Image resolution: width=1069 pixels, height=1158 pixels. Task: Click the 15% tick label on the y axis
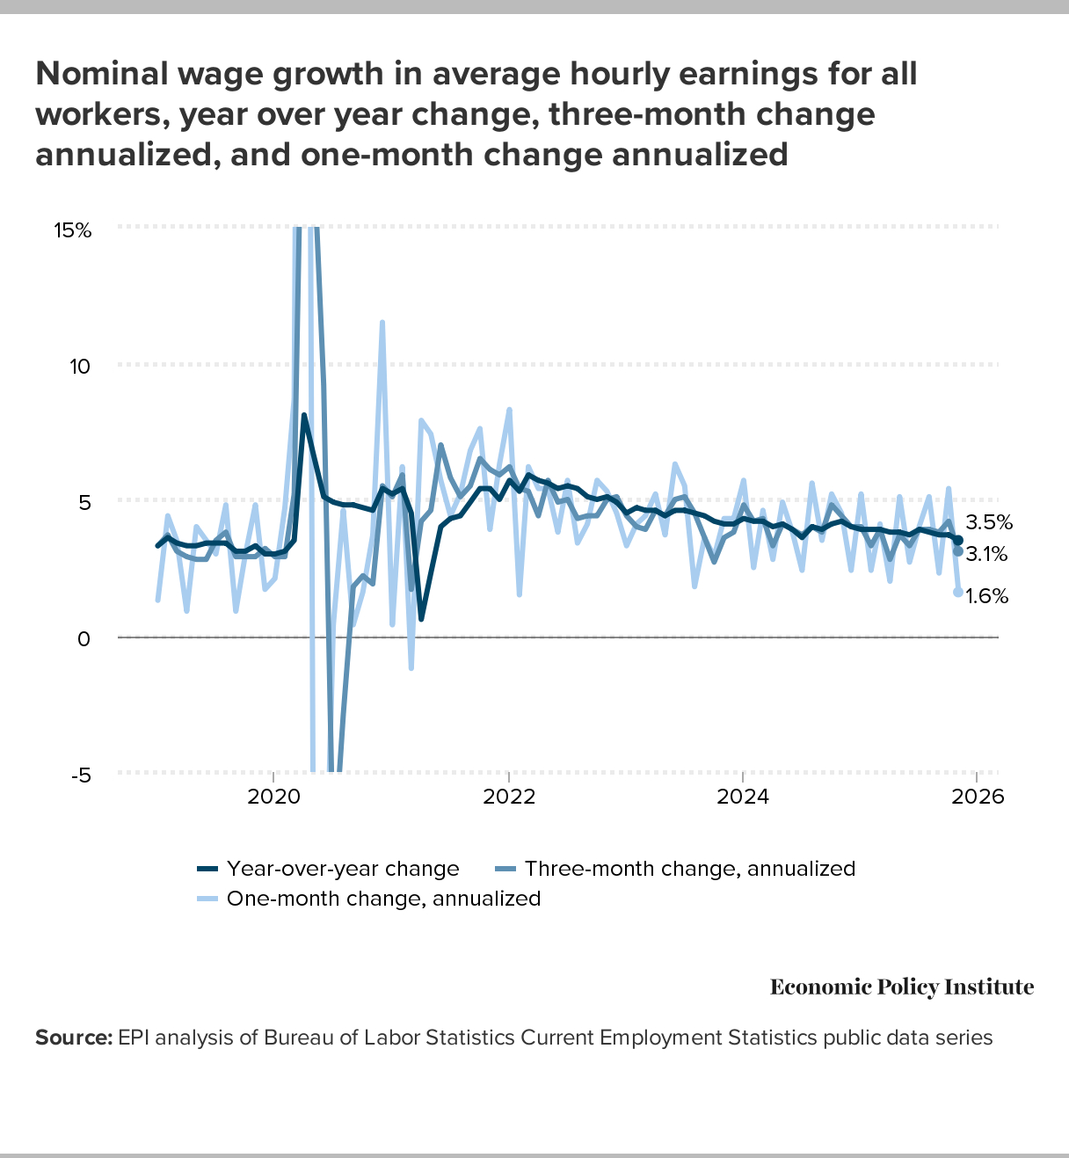pos(72,230)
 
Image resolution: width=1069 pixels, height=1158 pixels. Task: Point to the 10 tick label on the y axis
pos(81,366)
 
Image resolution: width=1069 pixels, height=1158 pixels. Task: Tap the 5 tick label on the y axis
pos(84,502)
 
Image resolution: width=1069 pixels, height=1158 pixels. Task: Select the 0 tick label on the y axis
pos(84,638)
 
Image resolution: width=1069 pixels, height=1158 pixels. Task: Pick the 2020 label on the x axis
pos(273,797)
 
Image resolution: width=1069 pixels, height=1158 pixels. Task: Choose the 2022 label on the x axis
pos(508,797)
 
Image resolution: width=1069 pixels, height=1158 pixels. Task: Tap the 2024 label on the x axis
pos(743,797)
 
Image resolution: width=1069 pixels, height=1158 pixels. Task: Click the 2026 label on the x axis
pos(978,797)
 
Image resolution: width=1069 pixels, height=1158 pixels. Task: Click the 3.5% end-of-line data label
pos(989,522)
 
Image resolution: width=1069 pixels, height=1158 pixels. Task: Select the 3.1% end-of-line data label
pos(986,554)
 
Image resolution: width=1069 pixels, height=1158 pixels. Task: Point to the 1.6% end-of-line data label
pos(986,596)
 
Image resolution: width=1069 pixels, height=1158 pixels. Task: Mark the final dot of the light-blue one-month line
pos(957,593)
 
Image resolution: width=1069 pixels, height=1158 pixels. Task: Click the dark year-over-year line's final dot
pos(958,540)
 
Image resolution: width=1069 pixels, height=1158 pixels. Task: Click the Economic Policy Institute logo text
pos(902,987)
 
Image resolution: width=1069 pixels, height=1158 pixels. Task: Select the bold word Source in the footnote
pos(73,1038)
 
